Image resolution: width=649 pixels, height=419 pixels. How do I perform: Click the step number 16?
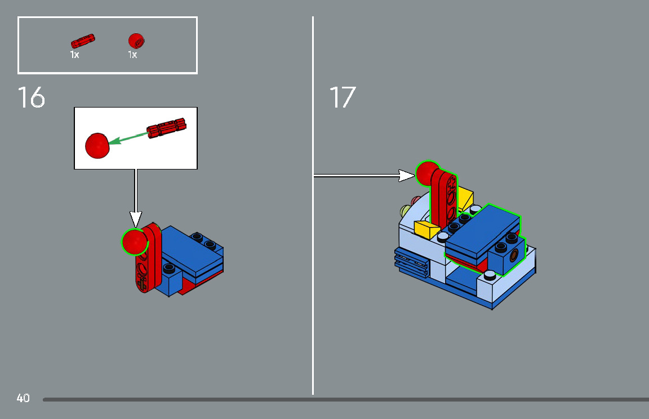(32, 97)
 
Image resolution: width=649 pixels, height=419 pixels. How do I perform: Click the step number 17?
(342, 97)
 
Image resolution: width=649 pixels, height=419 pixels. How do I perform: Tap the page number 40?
(23, 398)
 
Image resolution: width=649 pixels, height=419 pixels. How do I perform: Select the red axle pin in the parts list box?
(83, 41)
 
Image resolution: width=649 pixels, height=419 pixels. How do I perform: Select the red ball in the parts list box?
(136, 41)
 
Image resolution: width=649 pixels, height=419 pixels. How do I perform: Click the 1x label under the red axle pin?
(74, 55)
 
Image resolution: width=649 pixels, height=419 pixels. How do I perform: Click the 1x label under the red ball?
(132, 55)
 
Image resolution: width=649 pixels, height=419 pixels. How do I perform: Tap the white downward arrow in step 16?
(135, 217)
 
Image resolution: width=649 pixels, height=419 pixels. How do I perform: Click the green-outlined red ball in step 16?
(135, 242)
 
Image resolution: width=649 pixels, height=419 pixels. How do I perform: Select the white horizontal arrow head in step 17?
(407, 176)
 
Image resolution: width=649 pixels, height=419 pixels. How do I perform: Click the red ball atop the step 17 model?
(428, 173)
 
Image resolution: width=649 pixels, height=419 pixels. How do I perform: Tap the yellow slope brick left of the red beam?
(426, 229)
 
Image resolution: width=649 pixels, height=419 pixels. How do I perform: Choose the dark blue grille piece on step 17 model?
(411, 262)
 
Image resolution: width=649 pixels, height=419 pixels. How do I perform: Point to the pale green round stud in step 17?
(404, 212)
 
